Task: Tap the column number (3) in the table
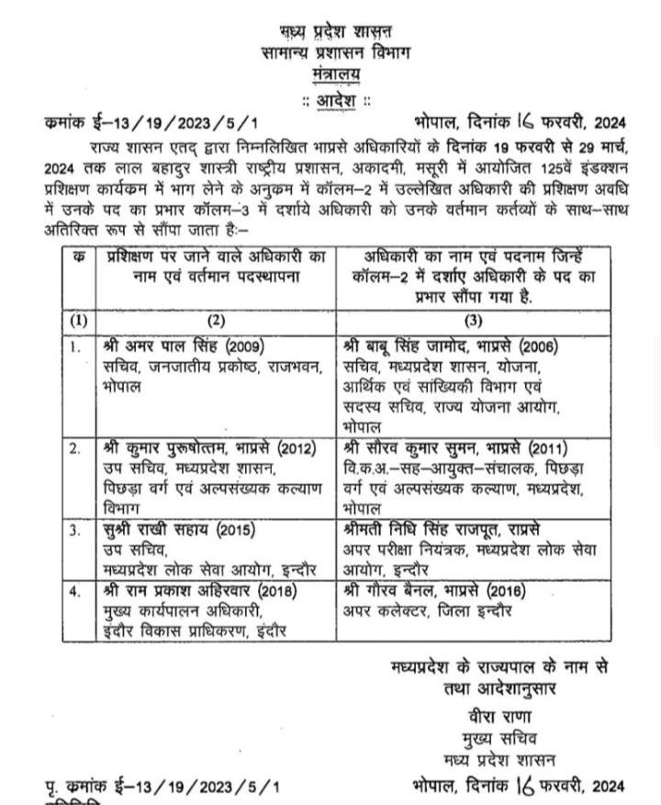pyautogui.click(x=473, y=321)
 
